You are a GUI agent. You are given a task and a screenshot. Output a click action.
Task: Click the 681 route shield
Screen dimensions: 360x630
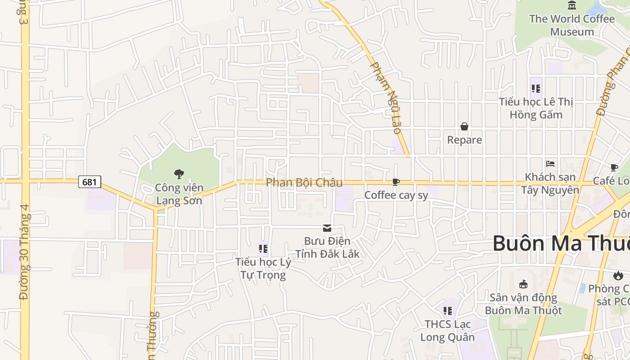pyautogui.click(x=90, y=182)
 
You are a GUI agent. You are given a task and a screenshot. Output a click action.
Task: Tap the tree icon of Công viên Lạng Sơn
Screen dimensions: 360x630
pyautogui.click(x=179, y=174)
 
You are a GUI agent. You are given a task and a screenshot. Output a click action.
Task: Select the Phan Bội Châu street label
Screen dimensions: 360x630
pyautogui.click(x=304, y=182)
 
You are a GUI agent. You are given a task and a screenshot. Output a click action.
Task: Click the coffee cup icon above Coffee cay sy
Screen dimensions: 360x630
pyautogui.click(x=396, y=182)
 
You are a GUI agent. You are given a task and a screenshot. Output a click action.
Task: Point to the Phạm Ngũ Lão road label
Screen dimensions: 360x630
pyautogui.click(x=385, y=97)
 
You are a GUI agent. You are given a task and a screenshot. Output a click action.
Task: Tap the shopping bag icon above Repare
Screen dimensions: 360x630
pyautogui.click(x=464, y=127)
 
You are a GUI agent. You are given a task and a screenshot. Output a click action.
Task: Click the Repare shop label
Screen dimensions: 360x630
pyautogui.click(x=464, y=140)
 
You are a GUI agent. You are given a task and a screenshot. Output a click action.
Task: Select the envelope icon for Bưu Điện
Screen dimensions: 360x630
pyautogui.click(x=327, y=228)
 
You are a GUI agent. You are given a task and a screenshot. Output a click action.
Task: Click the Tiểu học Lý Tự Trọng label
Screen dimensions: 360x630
pyautogui.click(x=263, y=268)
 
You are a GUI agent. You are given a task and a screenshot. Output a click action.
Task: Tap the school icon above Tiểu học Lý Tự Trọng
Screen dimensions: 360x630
pyautogui.click(x=263, y=248)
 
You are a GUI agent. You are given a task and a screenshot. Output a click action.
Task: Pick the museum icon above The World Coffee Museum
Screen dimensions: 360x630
pyautogui.click(x=572, y=5)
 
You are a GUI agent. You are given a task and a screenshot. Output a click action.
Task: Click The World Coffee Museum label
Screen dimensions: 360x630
pyautogui.click(x=572, y=25)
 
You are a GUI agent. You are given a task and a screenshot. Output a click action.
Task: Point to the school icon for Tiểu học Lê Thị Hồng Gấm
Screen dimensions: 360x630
pyautogui.click(x=535, y=88)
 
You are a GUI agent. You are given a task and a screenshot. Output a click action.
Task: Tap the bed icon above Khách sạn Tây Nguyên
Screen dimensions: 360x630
pyautogui.click(x=550, y=163)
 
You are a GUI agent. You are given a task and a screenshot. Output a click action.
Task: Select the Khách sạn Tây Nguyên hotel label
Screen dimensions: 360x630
pyautogui.click(x=550, y=183)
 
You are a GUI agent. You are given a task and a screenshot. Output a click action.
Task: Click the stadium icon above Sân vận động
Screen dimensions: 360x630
pyautogui.click(x=523, y=284)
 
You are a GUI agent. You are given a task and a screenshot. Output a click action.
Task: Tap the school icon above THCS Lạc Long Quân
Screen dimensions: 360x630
pyautogui.click(x=447, y=310)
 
